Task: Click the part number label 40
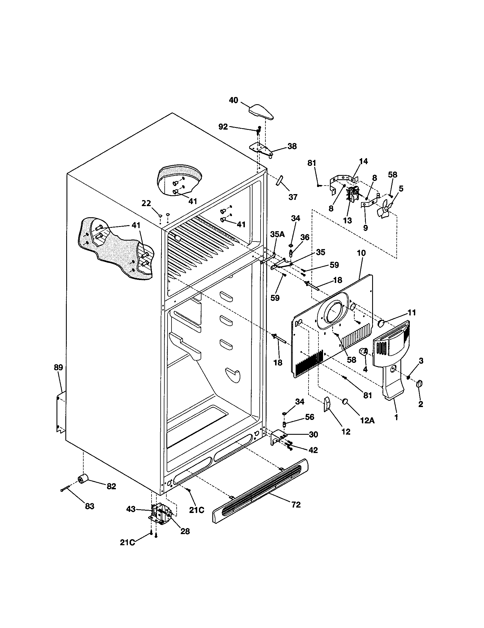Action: [x=233, y=100]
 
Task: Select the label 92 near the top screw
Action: [x=223, y=127]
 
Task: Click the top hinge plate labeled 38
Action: [x=260, y=150]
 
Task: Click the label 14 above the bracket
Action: [x=363, y=161]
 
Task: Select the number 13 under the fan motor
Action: [x=347, y=221]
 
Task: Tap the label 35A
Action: [x=277, y=234]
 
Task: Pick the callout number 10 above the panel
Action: [x=361, y=253]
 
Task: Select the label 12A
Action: [x=368, y=420]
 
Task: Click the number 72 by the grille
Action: [x=296, y=504]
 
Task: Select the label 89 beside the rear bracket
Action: [x=58, y=367]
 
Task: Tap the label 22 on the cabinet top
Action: [x=146, y=203]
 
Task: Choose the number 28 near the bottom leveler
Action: [x=185, y=532]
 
